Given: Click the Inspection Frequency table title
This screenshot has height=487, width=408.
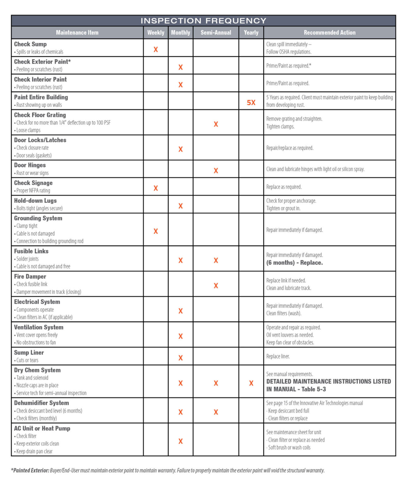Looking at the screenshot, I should point(203,21).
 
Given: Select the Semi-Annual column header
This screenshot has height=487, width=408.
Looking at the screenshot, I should point(216,33).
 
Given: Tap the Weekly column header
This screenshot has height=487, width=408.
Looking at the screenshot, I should point(156,33).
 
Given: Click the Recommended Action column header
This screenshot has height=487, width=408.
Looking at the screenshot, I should point(329,33).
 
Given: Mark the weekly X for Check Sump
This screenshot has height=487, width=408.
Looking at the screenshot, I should point(156,50).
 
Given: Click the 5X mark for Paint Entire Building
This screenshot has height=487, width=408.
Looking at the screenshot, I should point(251,103).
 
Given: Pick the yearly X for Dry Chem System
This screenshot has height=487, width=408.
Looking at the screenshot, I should point(251,383).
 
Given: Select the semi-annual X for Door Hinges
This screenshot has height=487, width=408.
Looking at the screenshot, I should point(216,171).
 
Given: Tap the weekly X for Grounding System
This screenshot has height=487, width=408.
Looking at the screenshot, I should point(156,231).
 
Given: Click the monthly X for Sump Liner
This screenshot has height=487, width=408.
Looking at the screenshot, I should point(181,358).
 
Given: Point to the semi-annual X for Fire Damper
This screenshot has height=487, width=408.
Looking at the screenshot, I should point(216,286).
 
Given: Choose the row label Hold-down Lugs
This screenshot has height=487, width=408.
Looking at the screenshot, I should point(35,201).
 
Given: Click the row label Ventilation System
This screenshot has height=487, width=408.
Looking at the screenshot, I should point(39,327).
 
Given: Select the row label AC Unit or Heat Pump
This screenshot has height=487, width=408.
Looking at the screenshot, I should point(42,428).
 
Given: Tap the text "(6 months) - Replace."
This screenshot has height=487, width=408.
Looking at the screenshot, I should point(294,263).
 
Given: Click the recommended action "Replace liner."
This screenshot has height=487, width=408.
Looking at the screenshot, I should point(278,356).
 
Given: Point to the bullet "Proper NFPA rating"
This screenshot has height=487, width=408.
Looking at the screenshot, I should point(33,191).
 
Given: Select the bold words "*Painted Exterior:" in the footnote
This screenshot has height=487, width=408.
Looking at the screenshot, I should point(30,471).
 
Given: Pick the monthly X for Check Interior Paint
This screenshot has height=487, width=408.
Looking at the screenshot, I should point(181,85).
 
